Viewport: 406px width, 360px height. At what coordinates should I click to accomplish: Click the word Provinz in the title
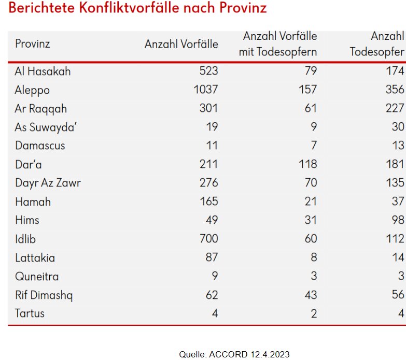(243, 9)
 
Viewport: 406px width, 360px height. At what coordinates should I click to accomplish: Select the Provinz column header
(32, 44)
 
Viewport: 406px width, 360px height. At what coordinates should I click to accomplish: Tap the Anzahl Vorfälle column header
(181, 44)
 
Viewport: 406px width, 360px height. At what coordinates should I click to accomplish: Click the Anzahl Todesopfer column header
(377, 44)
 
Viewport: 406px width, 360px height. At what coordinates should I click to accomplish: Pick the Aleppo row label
(32, 90)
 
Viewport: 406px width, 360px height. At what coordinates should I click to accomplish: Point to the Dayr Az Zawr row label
(48, 182)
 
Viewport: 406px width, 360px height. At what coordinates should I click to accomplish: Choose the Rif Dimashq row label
(44, 295)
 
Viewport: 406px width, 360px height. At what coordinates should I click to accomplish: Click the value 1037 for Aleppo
(206, 90)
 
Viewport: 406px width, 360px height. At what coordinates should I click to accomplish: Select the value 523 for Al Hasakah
(209, 71)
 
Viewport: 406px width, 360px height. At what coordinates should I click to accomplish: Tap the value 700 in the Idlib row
(209, 239)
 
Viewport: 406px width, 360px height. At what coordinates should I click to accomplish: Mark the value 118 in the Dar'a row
(307, 164)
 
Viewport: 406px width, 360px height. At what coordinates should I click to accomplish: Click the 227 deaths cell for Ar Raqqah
(395, 109)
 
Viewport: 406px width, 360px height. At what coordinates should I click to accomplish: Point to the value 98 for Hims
(398, 220)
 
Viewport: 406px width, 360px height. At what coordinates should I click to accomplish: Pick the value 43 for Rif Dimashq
(310, 295)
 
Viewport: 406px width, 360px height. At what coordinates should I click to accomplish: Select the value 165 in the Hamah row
(209, 201)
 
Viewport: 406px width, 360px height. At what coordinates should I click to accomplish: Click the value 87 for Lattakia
(212, 257)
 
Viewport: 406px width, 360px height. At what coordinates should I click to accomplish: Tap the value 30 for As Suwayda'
(398, 127)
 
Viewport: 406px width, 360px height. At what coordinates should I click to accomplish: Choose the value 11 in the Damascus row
(212, 146)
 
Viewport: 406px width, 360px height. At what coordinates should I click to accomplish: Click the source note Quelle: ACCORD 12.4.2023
(234, 354)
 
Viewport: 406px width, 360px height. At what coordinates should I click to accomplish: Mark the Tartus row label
(30, 313)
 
